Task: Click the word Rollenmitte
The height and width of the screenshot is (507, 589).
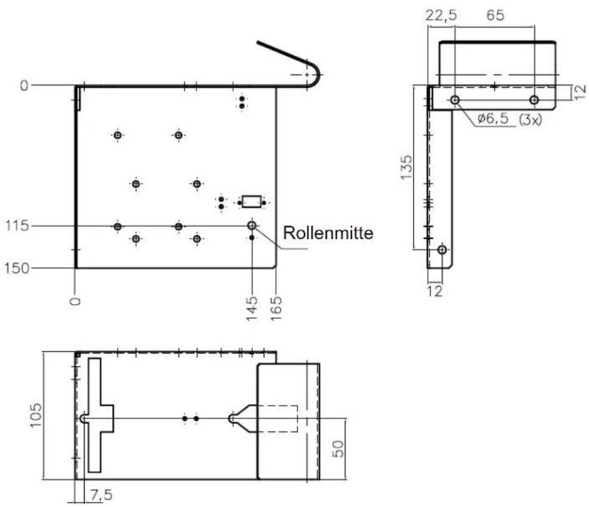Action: pyautogui.click(x=328, y=233)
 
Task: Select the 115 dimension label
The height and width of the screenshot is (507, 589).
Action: pyautogui.click(x=17, y=226)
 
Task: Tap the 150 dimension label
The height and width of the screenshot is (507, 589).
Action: pyautogui.click(x=17, y=269)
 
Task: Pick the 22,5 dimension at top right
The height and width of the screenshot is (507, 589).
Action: pyautogui.click(x=441, y=16)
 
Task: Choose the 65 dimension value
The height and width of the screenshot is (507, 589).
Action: pyautogui.click(x=495, y=16)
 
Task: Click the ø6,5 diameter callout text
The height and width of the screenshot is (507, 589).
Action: pyautogui.click(x=493, y=118)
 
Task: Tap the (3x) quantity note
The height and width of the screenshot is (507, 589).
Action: pyautogui.click(x=530, y=120)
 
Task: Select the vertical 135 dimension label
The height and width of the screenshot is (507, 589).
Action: pyautogui.click(x=406, y=167)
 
